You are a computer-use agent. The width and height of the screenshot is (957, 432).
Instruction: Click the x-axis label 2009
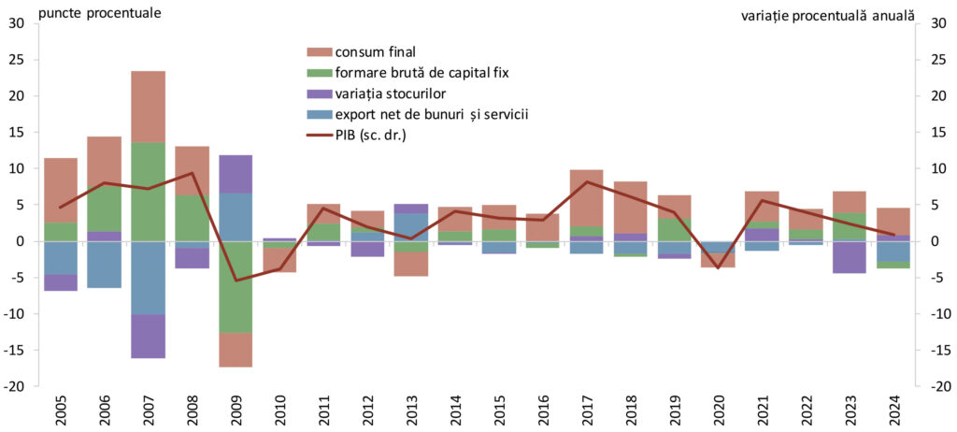tap(236, 407)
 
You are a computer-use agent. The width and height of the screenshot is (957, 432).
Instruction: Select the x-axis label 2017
tap(587, 407)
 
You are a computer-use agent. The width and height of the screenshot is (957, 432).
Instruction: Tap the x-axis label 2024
tap(894, 407)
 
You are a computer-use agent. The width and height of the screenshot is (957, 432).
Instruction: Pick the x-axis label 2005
tap(61, 407)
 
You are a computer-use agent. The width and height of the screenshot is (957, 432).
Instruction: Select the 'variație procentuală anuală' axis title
tap(827, 15)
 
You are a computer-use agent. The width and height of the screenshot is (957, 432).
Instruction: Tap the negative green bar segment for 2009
tap(236, 286)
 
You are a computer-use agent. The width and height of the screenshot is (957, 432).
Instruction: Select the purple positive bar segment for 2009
tap(236, 174)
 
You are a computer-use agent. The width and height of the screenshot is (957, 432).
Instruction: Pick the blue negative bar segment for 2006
tap(105, 265)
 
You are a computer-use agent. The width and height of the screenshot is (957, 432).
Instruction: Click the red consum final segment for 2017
tap(587, 198)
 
